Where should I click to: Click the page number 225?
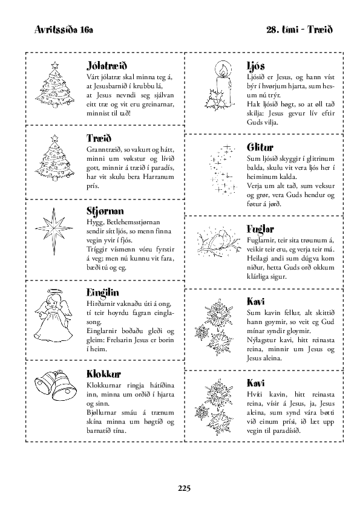tap(184, 488)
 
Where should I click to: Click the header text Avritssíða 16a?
tap(64, 30)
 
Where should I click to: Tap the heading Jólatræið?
tap(106, 65)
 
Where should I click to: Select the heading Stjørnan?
tap(105, 211)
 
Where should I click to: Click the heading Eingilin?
tap(103, 292)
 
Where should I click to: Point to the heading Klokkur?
tap(103, 374)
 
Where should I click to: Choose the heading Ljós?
tap(256, 66)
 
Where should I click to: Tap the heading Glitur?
tap(260, 148)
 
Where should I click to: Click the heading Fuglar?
tap(260, 229)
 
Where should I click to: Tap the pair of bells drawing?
tap(56, 386)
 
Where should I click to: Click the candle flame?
tap(223, 70)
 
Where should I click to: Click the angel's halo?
tap(53, 291)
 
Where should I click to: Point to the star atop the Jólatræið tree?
tap(55, 65)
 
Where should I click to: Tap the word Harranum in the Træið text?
tap(159, 177)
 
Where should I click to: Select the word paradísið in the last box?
tap(287, 431)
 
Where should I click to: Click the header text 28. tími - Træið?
tap(299, 30)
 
